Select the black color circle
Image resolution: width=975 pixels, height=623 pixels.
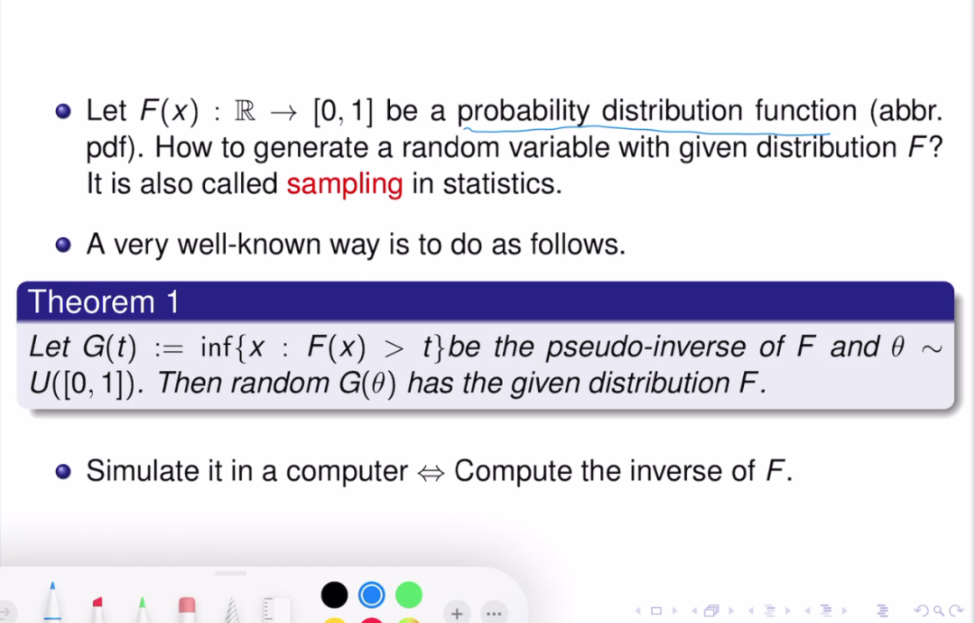pos(334,595)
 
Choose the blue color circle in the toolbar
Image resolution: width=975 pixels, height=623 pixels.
pos(371,595)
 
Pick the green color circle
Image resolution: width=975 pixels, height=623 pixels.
pos(408,595)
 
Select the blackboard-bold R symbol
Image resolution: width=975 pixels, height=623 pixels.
pos(245,111)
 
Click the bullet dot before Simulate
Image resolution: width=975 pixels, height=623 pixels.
pos(63,472)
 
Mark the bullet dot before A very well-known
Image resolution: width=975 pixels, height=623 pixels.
pos(63,245)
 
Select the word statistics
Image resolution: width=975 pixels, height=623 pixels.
pos(502,184)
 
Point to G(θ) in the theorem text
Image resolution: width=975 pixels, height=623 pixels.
pos(367,383)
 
